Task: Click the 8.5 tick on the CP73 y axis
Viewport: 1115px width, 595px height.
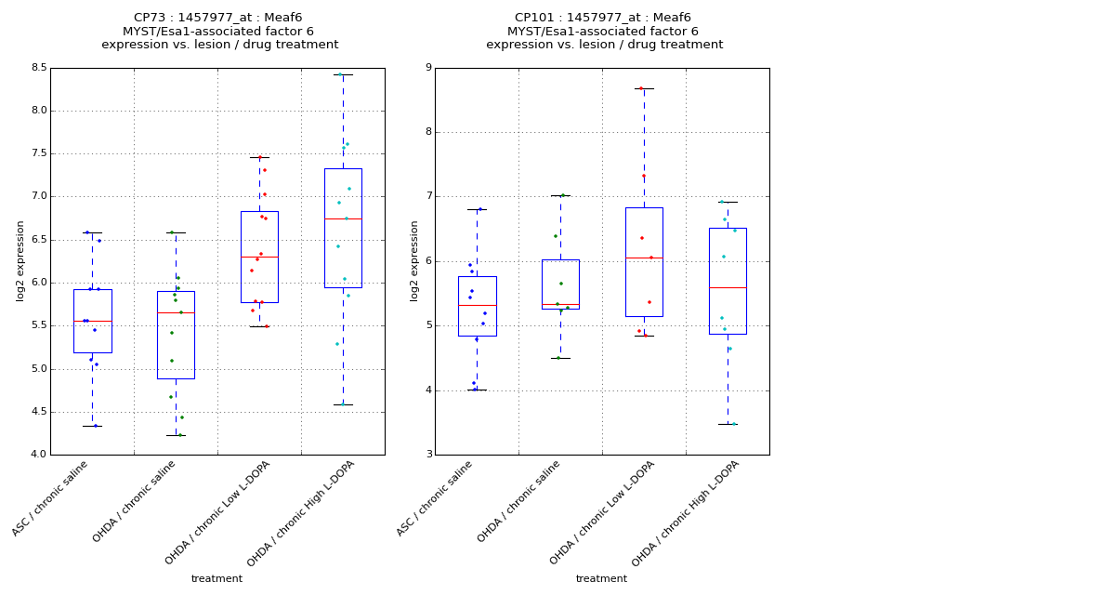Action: click(38, 68)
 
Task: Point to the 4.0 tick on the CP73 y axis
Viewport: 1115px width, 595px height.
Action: click(38, 455)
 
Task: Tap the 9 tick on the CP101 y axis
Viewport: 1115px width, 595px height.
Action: click(427, 68)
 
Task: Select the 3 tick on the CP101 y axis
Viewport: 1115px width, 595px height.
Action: click(427, 455)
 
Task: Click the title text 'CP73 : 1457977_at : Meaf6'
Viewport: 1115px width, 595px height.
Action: click(218, 18)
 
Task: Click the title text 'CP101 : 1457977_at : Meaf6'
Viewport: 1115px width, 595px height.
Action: click(603, 18)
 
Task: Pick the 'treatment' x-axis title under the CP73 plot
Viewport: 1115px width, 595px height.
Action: click(216, 578)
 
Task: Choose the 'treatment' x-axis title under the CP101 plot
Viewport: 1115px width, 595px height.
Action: click(601, 578)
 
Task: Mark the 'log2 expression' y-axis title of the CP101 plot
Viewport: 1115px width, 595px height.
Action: click(414, 260)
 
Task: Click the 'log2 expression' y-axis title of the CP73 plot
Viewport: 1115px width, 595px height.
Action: click(20, 260)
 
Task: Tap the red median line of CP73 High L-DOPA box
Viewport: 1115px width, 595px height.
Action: click(343, 218)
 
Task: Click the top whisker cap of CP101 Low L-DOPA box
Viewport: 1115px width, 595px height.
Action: click(644, 88)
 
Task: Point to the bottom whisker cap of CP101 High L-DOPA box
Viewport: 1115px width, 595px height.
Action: click(728, 424)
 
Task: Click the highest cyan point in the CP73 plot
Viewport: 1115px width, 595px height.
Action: click(340, 74)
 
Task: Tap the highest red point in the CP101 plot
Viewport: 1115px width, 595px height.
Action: click(640, 88)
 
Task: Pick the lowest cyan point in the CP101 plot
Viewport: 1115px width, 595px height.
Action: click(732, 424)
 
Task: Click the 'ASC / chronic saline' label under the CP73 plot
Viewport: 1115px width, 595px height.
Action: click(51, 497)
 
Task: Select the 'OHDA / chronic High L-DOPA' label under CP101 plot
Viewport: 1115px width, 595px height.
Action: click(686, 512)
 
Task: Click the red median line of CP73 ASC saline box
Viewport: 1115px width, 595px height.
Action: click(92, 321)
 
